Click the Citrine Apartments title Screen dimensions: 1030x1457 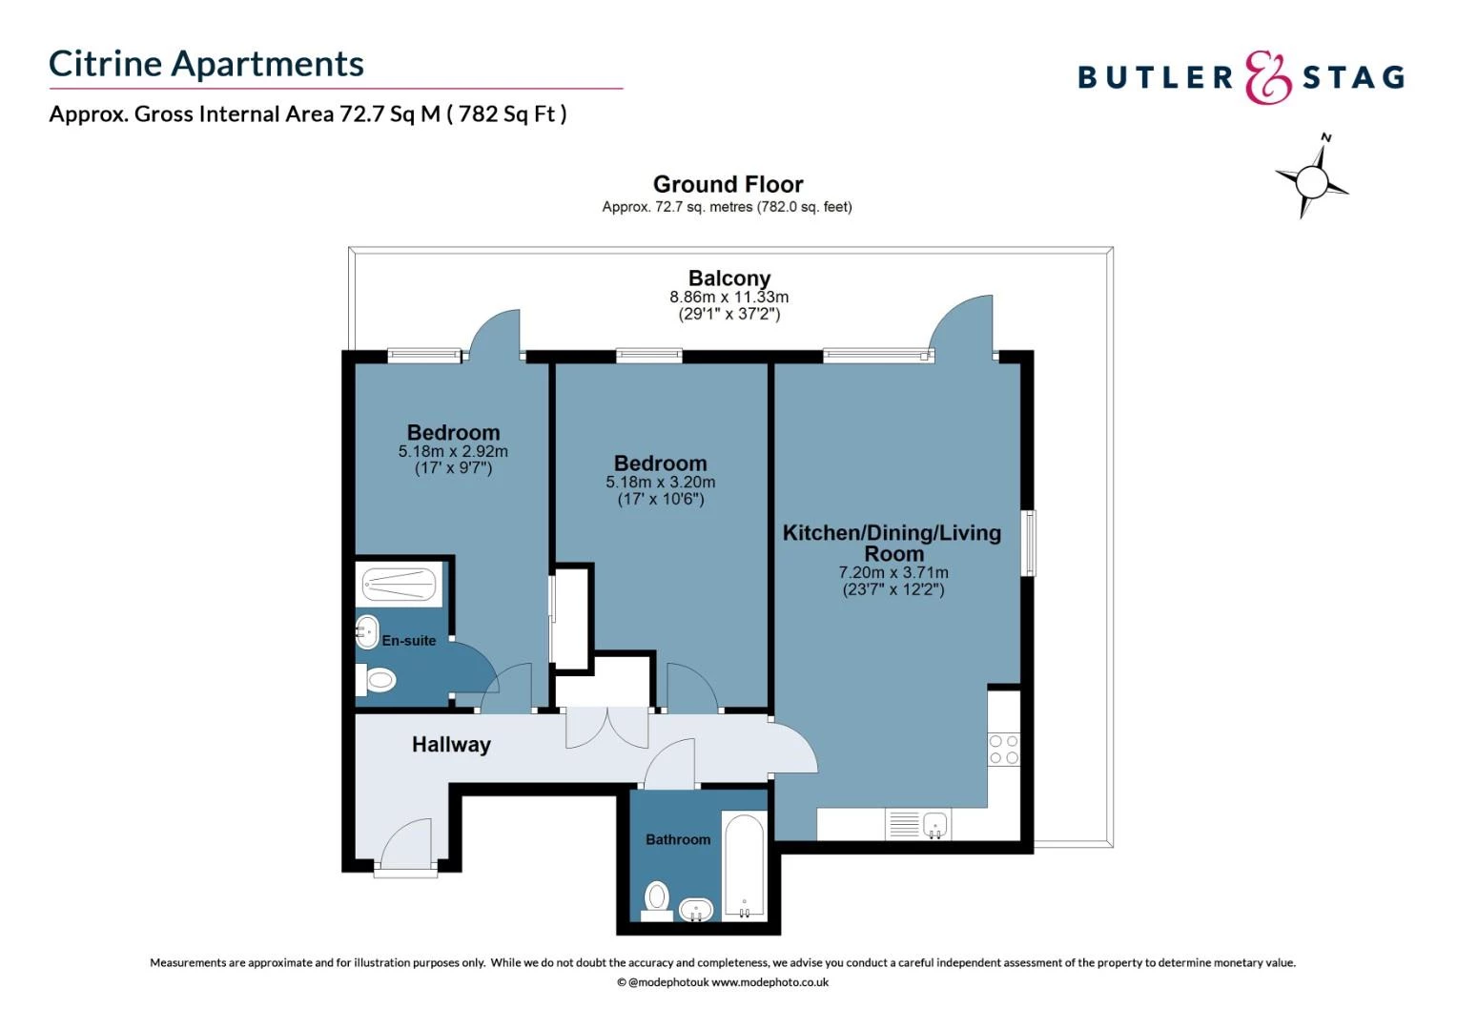pyautogui.click(x=206, y=64)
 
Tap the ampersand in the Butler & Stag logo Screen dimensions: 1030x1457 pyautogui.click(x=1268, y=78)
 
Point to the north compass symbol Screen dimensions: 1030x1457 pyautogui.click(x=1312, y=178)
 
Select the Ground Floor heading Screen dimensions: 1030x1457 pyautogui.click(x=728, y=184)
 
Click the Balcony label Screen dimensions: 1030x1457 pyautogui.click(x=728, y=278)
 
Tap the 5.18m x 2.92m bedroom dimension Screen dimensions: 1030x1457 pyautogui.click(x=453, y=452)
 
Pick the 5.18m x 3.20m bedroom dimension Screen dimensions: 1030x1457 pyautogui.click(x=660, y=483)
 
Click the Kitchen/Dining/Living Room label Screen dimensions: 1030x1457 pyautogui.click(x=892, y=543)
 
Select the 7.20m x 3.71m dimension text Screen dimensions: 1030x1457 pyautogui.click(x=893, y=573)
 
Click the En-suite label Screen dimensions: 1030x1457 pyautogui.click(x=409, y=641)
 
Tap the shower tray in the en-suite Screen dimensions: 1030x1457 pyautogui.click(x=400, y=584)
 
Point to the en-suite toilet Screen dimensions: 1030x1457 pyautogui.click(x=378, y=680)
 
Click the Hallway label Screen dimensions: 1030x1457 pyautogui.click(x=451, y=745)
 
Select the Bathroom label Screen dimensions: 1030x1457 pyautogui.click(x=678, y=839)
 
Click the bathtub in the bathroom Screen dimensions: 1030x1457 pyautogui.click(x=744, y=866)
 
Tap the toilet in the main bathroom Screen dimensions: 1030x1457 pyautogui.click(x=657, y=898)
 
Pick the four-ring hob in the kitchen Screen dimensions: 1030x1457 pyautogui.click(x=1003, y=750)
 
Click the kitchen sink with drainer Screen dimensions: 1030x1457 pyautogui.click(x=918, y=824)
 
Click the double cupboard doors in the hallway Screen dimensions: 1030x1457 pyautogui.click(x=607, y=727)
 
